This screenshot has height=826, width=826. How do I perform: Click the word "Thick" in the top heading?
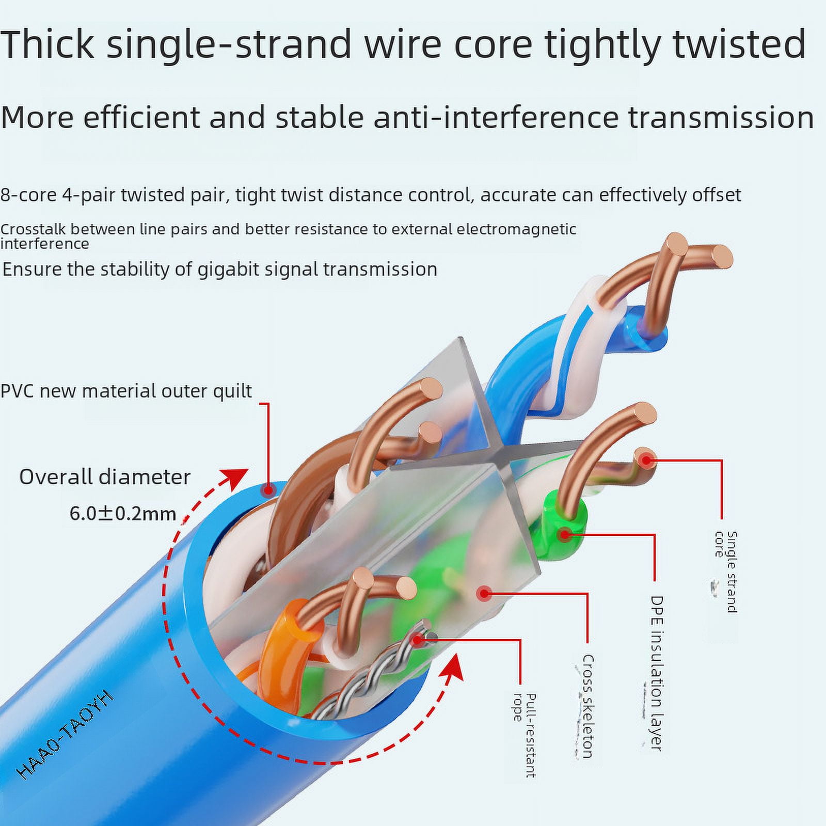pyautogui.click(x=47, y=44)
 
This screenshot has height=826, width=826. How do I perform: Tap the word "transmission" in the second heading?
pyautogui.click(x=721, y=117)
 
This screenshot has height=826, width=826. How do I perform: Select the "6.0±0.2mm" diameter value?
pyautogui.click(x=123, y=514)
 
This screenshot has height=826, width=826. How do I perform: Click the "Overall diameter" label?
pyautogui.click(x=105, y=477)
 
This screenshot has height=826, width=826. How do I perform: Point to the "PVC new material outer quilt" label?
pyautogui.click(x=126, y=391)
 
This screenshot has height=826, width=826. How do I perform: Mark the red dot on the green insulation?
pyautogui.click(x=566, y=534)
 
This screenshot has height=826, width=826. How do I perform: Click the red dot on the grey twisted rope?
pyautogui.click(x=417, y=641)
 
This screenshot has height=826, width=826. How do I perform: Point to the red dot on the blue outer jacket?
pyautogui.click(x=267, y=489)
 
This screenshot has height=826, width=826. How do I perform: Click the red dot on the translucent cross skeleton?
pyautogui.click(x=484, y=594)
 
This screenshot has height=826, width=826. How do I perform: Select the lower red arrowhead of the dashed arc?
pyautogui.click(x=452, y=670)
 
